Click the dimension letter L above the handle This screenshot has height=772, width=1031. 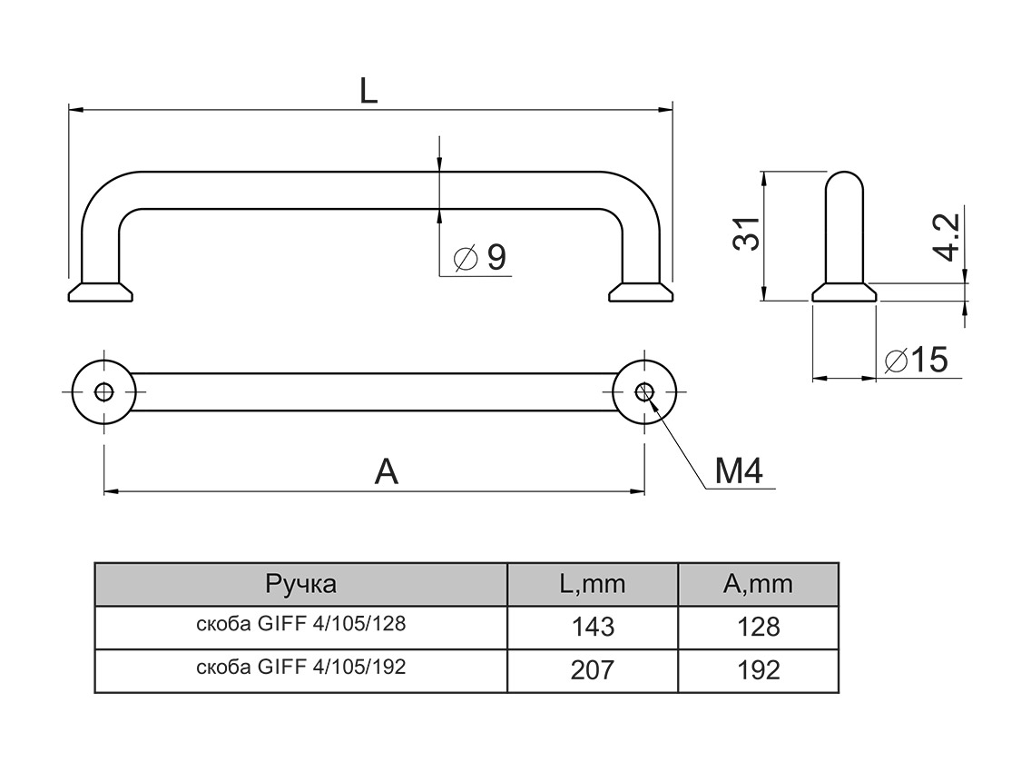pyautogui.click(x=368, y=90)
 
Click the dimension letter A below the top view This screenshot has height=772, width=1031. pyautogui.click(x=388, y=472)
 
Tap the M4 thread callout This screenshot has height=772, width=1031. pyautogui.click(x=737, y=470)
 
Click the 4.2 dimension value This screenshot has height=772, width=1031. pyautogui.click(x=946, y=237)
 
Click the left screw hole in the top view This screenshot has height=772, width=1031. pyautogui.click(x=104, y=392)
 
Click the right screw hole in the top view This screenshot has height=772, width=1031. pyautogui.click(x=645, y=392)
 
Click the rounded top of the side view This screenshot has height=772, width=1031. pyautogui.click(x=844, y=182)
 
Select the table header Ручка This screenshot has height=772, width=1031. pyautogui.click(x=300, y=584)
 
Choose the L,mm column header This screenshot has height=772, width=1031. pyautogui.click(x=592, y=584)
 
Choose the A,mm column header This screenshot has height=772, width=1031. pyautogui.click(x=758, y=584)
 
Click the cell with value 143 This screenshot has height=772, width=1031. pyautogui.click(x=592, y=627)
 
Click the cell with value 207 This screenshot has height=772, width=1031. pyautogui.click(x=592, y=670)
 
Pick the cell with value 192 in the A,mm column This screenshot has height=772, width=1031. pyautogui.click(x=758, y=670)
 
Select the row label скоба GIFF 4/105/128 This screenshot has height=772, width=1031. pyautogui.click(x=300, y=625)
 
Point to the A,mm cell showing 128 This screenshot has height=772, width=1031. pyautogui.click(x=758, y=627)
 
